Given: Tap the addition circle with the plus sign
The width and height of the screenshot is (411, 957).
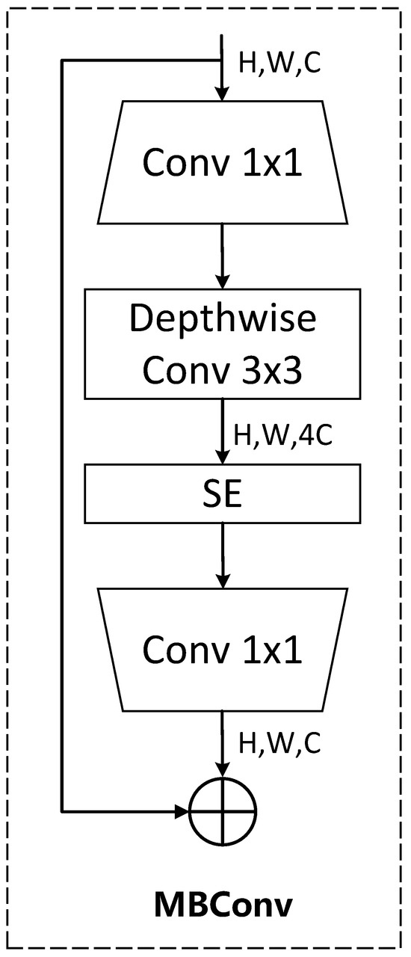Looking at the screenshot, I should click(223, 810).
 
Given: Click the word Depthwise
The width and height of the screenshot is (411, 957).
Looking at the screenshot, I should click(223, 320).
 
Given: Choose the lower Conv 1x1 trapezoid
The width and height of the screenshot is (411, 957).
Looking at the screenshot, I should click(223, 649).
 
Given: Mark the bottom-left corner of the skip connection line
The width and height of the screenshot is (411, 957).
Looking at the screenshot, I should click(63, 810).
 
